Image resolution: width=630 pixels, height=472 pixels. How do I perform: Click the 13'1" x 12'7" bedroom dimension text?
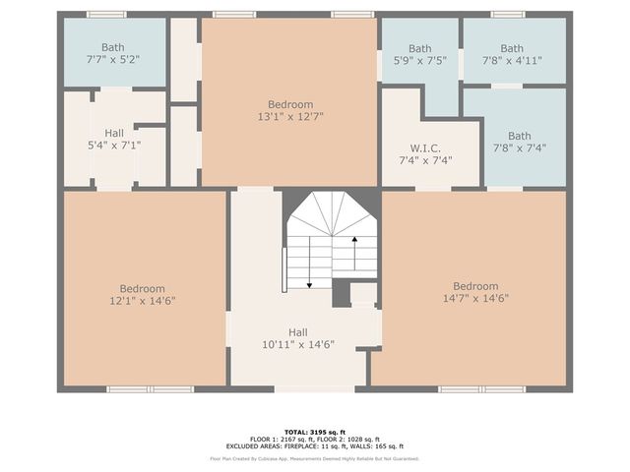coord(290,116)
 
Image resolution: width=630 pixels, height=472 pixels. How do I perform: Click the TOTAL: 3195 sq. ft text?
coord(315,432)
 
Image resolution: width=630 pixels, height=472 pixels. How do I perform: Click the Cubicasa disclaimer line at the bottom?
coord(315,458)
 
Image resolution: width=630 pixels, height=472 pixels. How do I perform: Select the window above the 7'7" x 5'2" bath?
coord(106,15)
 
